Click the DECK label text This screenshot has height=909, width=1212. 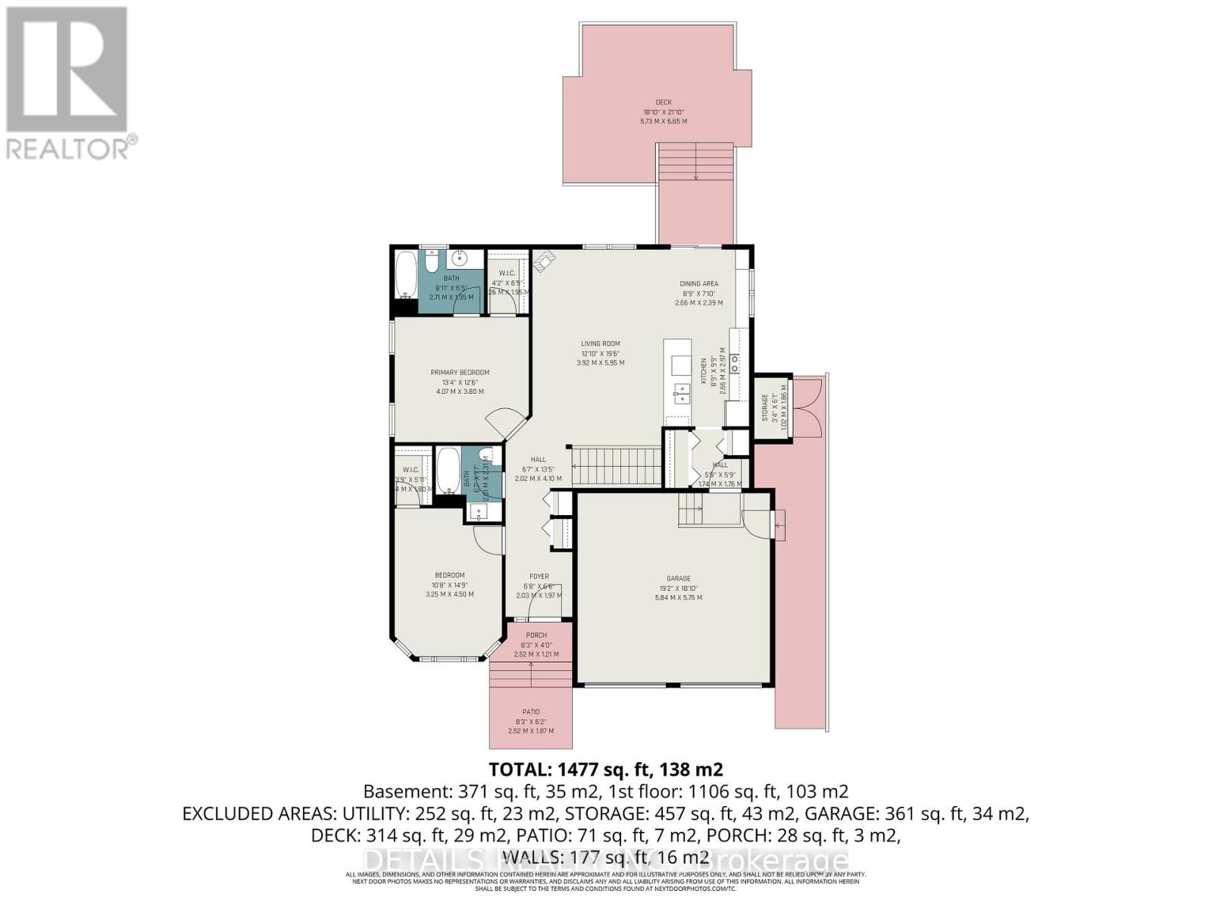pos(664,102)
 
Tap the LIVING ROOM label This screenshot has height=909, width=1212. pos(600,344)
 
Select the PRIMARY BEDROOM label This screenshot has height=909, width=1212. pos(460,373)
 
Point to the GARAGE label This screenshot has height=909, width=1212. pos(678,579)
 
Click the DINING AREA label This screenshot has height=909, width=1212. pos(698,284)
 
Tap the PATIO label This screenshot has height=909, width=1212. pos(530,712)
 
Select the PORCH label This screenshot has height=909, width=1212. pos(536,636)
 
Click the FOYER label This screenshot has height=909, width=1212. pos(539,576)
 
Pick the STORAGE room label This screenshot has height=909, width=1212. pos(765,408)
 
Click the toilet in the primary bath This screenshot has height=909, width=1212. pos(430,262)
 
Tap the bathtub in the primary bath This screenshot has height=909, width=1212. pos(405,274)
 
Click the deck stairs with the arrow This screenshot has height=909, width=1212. pos(695,162)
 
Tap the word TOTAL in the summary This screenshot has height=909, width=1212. pos(520,770)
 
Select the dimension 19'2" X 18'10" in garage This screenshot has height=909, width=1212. pos(678,588)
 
